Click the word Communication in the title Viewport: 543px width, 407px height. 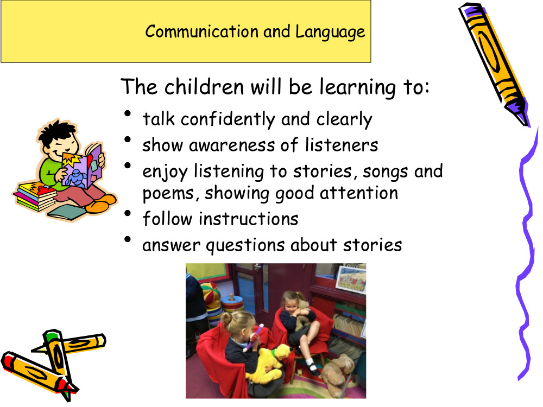point(202,31)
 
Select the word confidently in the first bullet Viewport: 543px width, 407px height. point(228,119)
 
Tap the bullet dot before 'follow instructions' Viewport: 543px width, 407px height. point(128,213)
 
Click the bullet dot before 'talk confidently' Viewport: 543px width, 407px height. point(128,113)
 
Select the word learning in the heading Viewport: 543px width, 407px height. point(357,87)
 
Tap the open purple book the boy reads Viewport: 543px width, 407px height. point(83,167)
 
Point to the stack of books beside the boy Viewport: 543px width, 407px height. point(35,196)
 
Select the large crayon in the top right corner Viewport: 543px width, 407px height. point(494,63)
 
